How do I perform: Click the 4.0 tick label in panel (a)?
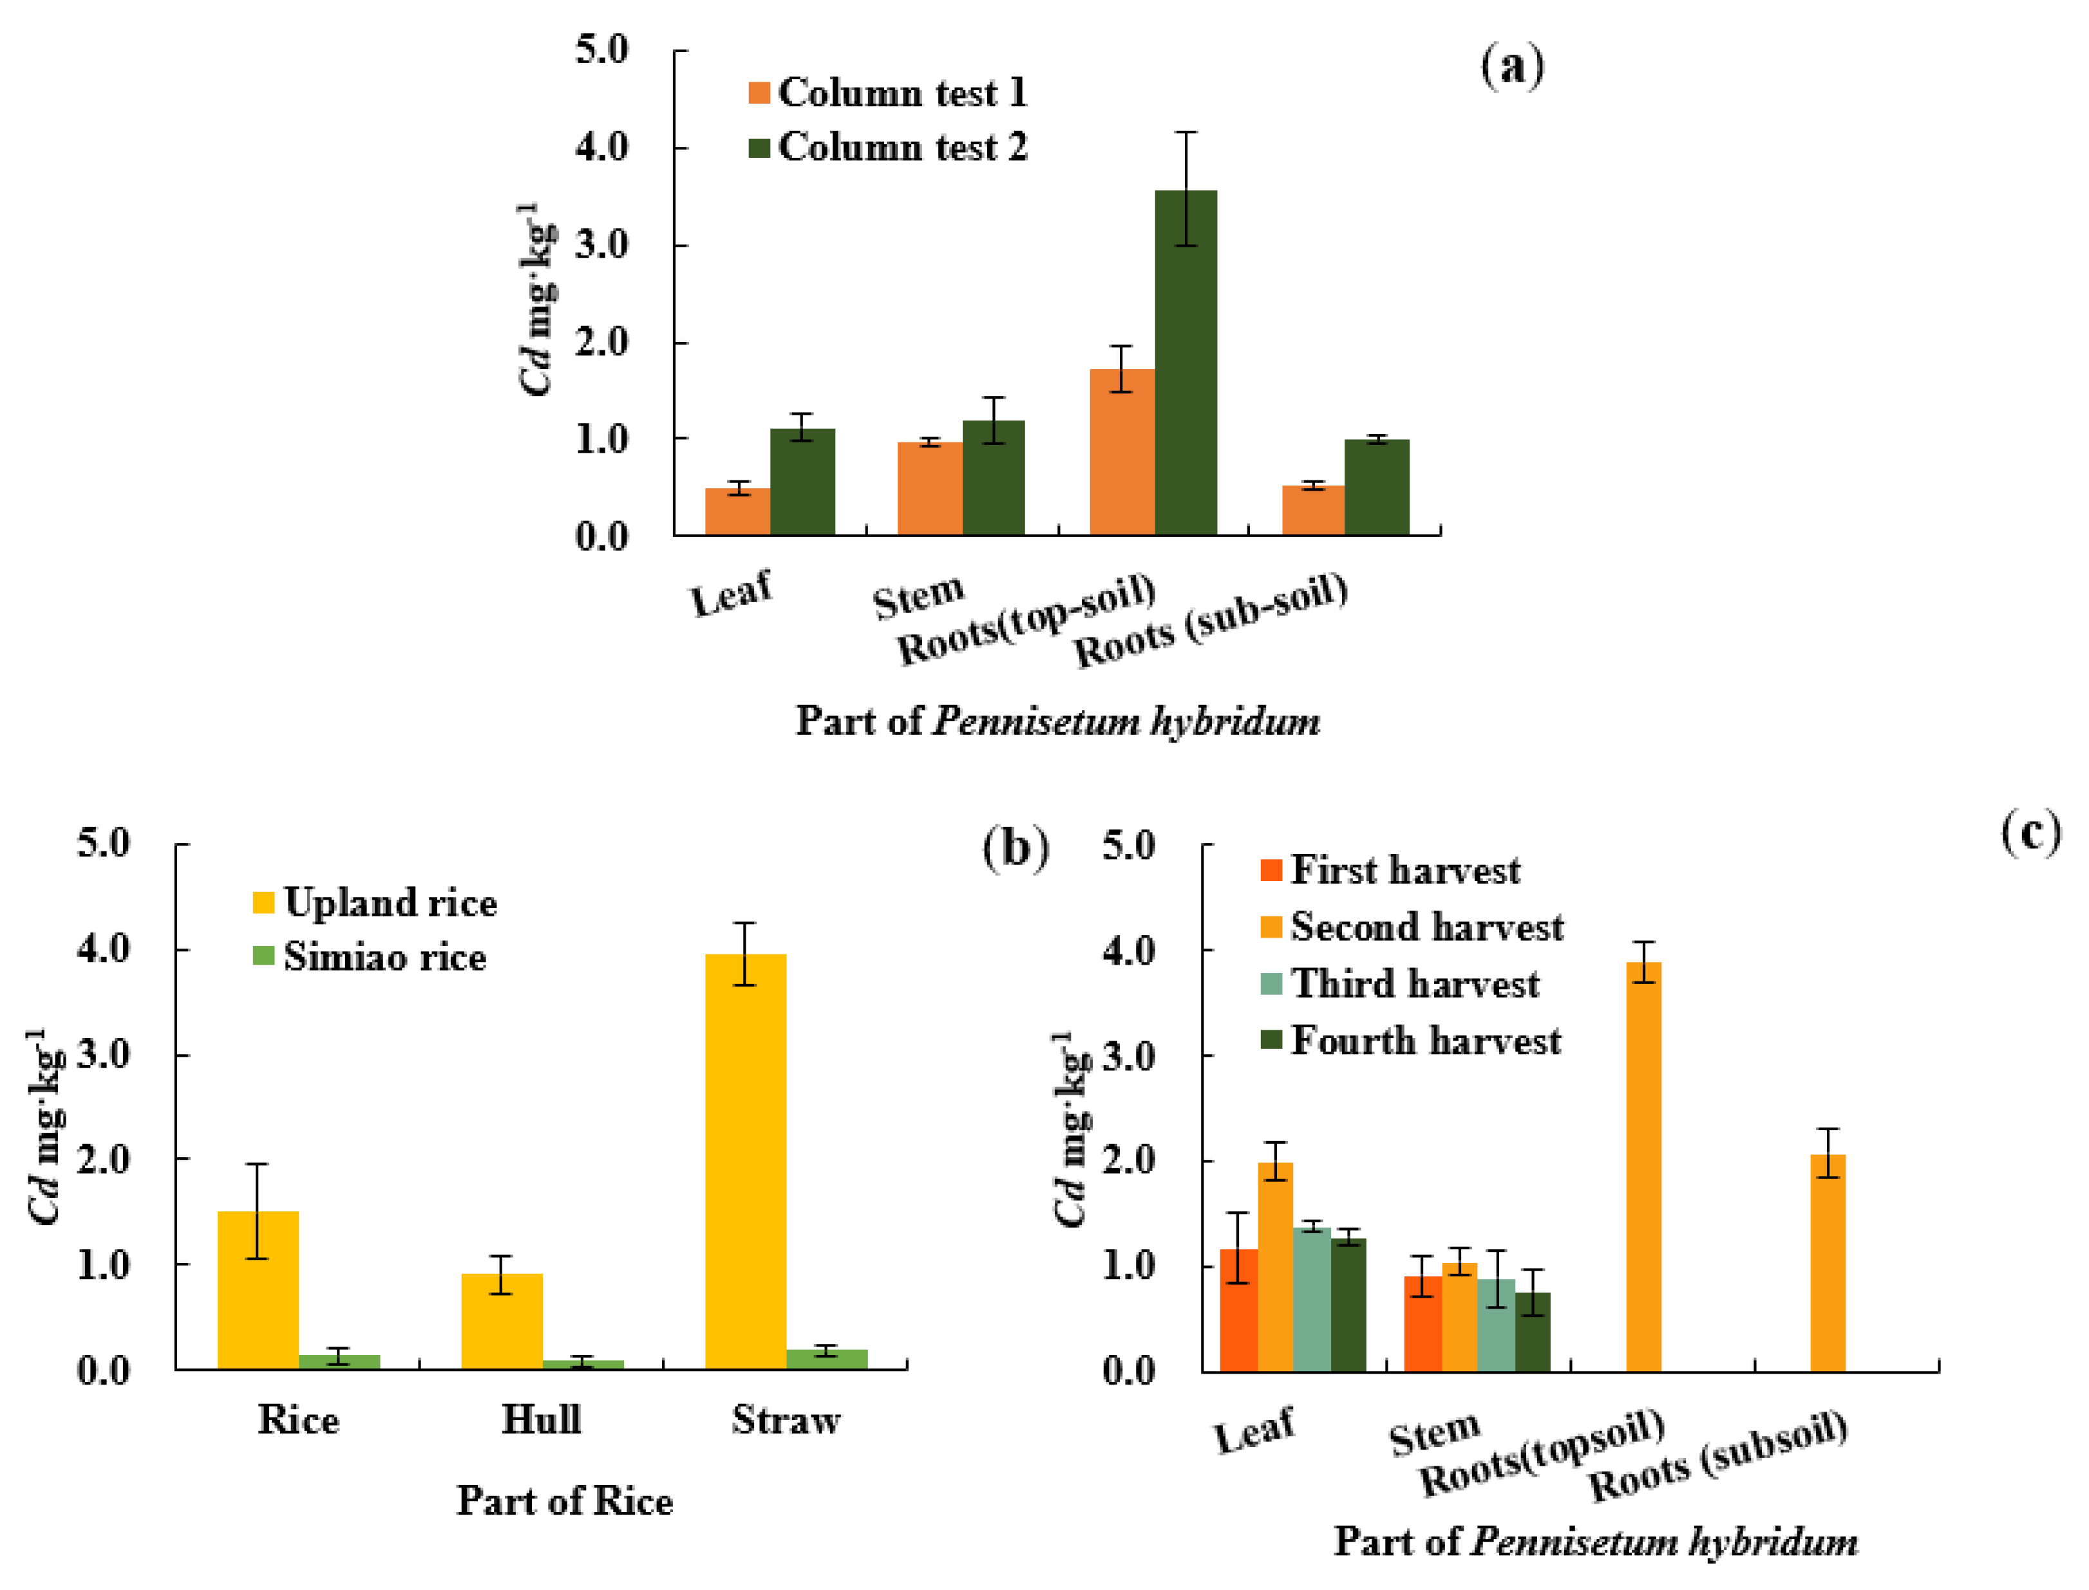[602, 147]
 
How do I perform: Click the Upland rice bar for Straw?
[746, 1162]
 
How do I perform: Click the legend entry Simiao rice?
[369, 957]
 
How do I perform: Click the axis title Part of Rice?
[565, 1502]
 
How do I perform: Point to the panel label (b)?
[1016, 847]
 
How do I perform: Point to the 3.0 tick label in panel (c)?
[1130, 1056]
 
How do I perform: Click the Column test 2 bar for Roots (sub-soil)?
[1376, 487]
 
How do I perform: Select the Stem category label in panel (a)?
[917, 596]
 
